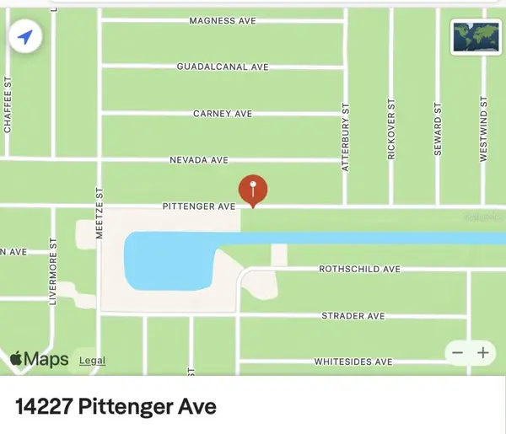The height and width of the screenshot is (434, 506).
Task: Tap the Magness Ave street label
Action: [x=223, y=20]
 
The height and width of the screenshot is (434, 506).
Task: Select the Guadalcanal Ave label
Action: [x=223, y=67]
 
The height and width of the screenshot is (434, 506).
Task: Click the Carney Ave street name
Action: [x=223, y=113]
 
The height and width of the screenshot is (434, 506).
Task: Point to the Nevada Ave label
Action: [x=199, y=159]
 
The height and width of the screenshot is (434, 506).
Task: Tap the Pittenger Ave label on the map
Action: [x=199, y=206]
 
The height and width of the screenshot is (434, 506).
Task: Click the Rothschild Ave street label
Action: [x=359, y=270]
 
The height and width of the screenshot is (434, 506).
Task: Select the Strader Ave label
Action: [x=353, y=316]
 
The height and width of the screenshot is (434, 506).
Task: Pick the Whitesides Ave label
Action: [x=353, y=362]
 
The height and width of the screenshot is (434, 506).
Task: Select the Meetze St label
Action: [x=100, y=214]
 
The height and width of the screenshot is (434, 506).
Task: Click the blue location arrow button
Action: [x=26, y=37]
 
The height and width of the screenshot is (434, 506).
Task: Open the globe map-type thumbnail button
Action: [x=475, y=36]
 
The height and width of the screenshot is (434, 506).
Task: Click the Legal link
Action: [x=92, y=361]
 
